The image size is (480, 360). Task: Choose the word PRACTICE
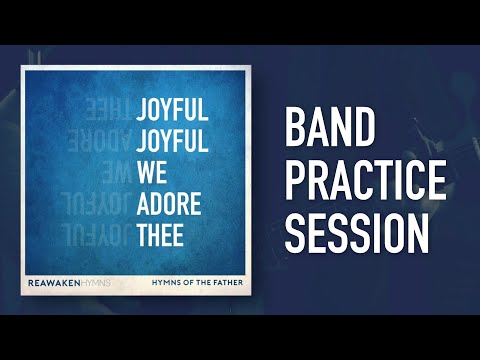click(365, 180)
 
